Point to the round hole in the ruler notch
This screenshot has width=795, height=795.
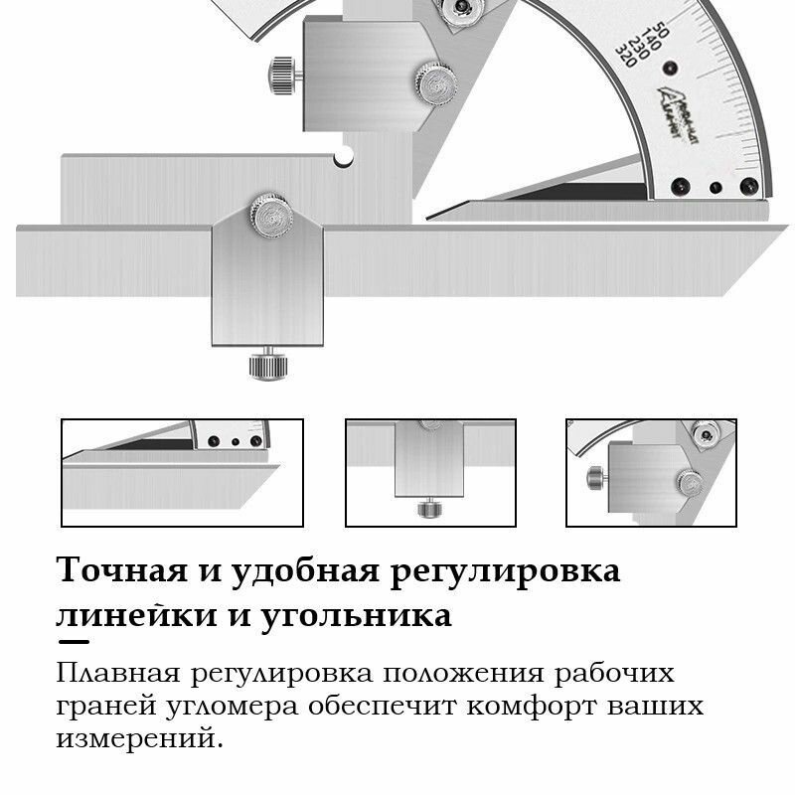344,157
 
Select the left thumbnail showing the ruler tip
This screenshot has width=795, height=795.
183,472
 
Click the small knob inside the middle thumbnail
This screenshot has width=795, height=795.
429,509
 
